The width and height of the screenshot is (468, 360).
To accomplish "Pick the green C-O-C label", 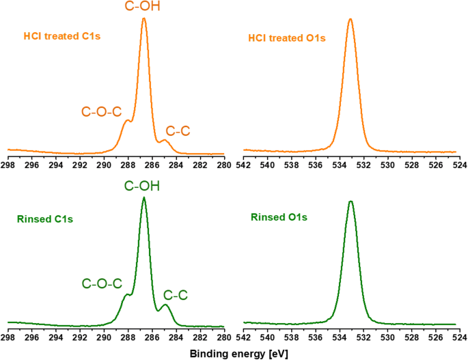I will pos(102,283).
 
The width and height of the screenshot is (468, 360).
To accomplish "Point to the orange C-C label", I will pos(178,130).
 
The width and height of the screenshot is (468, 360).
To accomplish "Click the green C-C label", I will pos(176,295).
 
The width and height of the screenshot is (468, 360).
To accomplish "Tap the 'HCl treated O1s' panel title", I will pos(287,38).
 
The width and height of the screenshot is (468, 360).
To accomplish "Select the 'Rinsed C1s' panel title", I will pos(44,219).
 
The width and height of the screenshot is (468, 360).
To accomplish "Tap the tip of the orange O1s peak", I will pos(350,19).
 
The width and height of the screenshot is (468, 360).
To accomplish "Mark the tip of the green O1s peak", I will pos(350,202).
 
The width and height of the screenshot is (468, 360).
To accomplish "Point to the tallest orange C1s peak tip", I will pos(144,18).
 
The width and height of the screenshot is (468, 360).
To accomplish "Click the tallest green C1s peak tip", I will pos(143,197).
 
